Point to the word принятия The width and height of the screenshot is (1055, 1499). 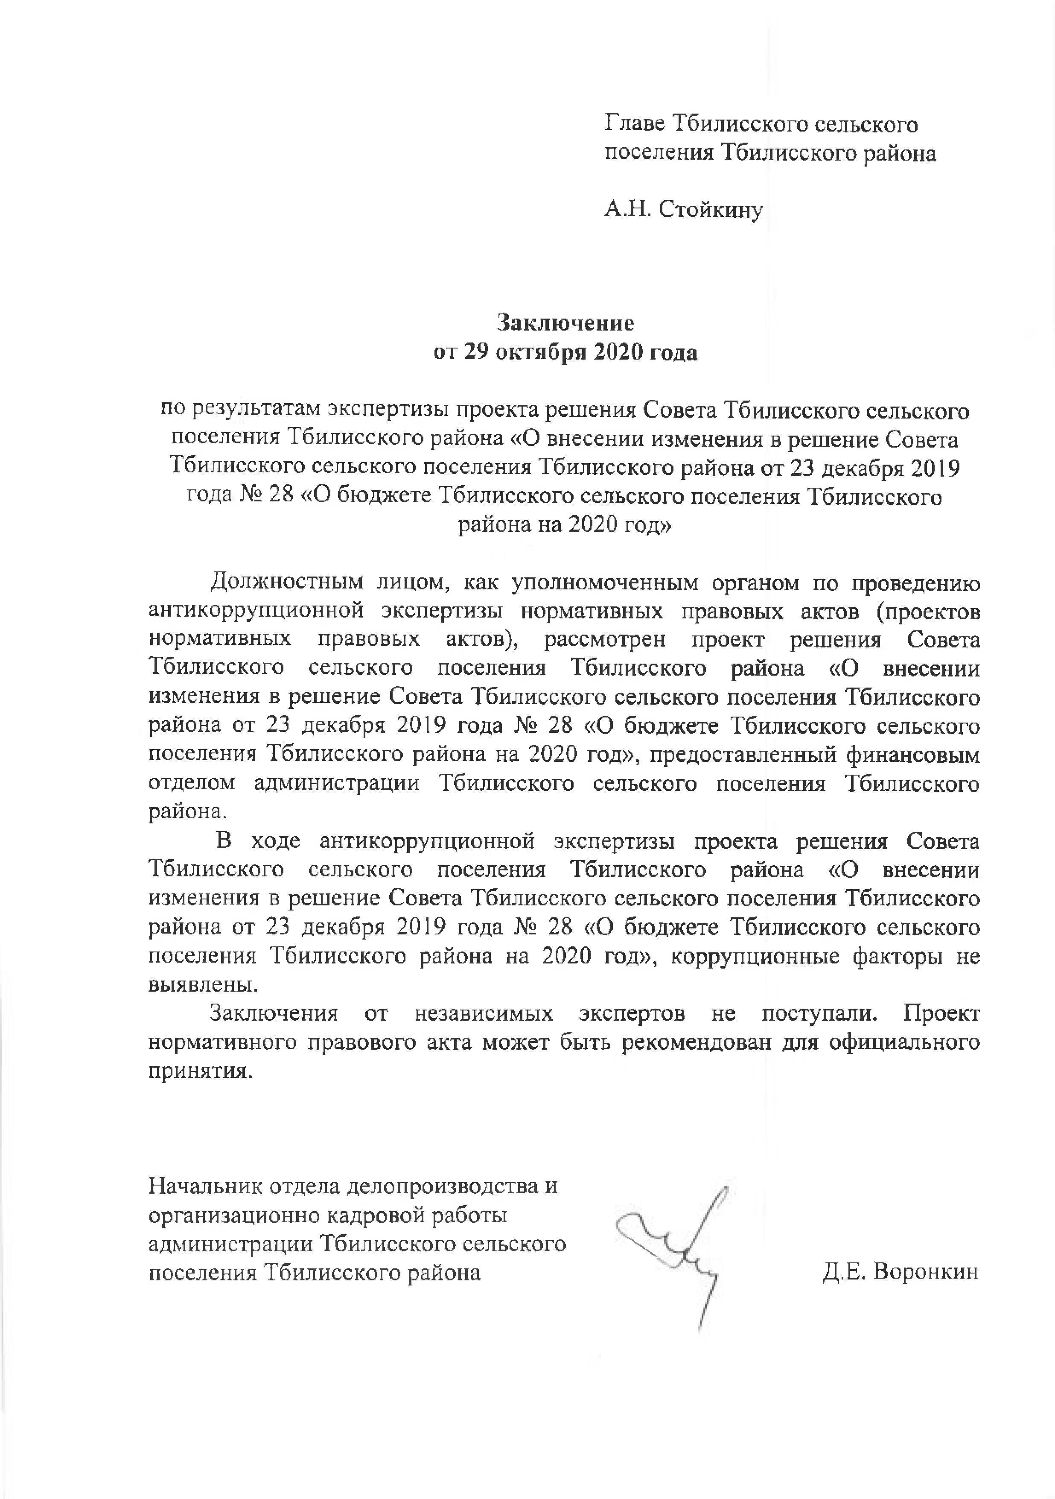(199, 1072)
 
